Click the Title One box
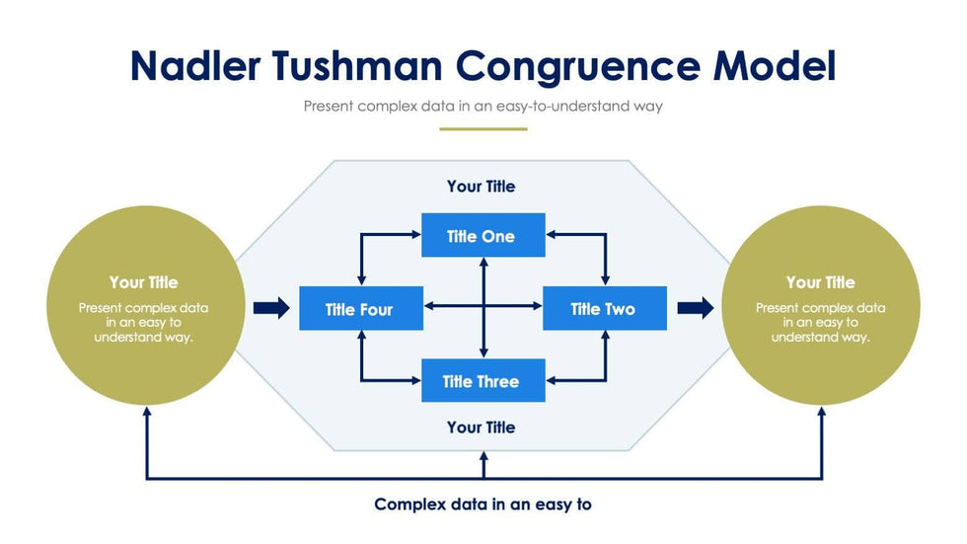(483, 236)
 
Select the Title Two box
(604, 309)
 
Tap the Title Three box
(483, 381)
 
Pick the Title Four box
(360, 309)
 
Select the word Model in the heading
(775, 66)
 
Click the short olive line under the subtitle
(483, 128)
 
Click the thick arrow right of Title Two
(695, 309)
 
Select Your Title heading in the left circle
(144, 282)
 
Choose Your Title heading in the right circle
(821, 282)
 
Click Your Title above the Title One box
(481, 186)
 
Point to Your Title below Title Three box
(481, 427)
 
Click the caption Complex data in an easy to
(483, 505)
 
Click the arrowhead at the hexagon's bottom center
(483, 457)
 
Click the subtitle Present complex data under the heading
(483, 106)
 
